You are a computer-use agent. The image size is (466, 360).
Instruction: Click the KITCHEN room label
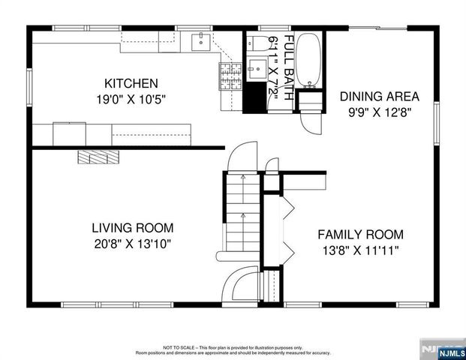tap(131, 82)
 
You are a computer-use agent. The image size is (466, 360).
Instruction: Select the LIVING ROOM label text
tap(133, 227)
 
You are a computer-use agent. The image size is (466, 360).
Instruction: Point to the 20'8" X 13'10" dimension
tap(133, 243)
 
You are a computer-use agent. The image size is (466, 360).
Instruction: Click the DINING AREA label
tap(379, 96)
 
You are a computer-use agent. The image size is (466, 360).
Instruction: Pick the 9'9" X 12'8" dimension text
tap(379, 112)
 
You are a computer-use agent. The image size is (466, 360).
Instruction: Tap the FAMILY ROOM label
tap(360, 233)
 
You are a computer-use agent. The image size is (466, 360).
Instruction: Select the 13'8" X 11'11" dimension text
tap(360, 249)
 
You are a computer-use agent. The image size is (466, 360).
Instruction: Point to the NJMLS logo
tap(443, 348)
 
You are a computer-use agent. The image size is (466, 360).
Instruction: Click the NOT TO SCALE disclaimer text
tap(233, 349)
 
